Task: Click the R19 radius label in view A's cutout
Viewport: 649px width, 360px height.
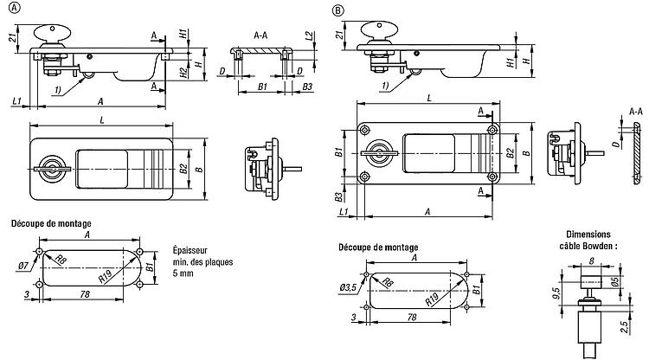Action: pyautogui.click(x=106, y=278)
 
